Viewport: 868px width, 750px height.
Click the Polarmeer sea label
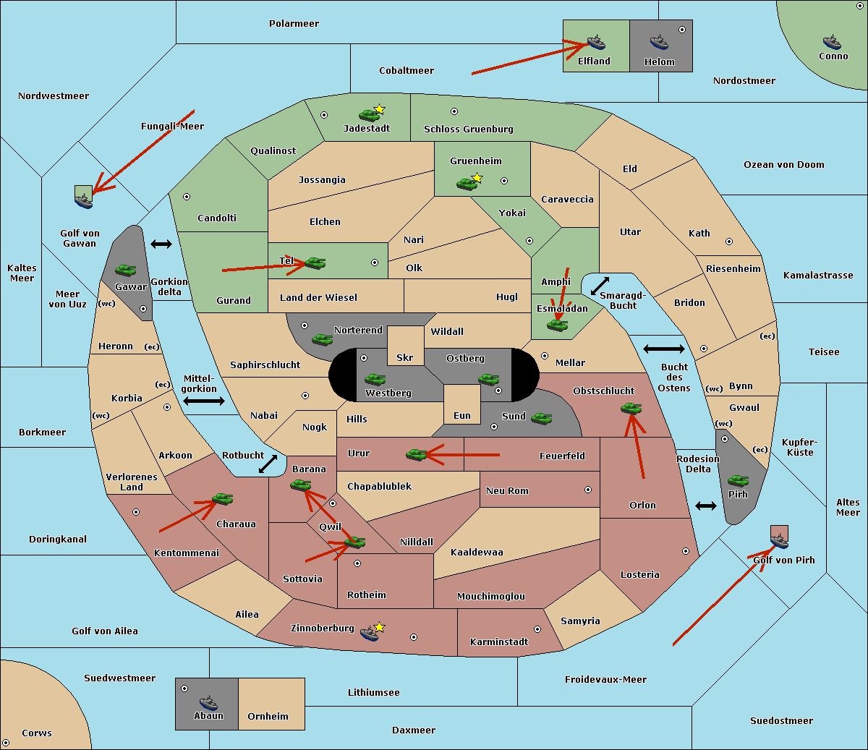[294, 24]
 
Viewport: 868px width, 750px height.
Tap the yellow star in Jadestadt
[380, 109]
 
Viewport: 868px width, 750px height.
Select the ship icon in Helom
[658, 42]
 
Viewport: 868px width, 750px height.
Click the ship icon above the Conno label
[832, 41]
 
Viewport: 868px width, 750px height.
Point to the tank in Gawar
[126, 270]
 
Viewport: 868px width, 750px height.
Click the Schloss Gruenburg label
[468, 129]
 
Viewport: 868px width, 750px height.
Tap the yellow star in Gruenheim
[477, 178]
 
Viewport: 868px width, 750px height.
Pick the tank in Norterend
[322, 339]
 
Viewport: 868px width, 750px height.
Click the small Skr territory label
[405, 358]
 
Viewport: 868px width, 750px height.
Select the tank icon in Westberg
[375, 379]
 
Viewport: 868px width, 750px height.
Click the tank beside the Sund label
[541, 418]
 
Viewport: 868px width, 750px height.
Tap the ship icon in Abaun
[208, 702]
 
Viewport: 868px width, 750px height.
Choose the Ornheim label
[268, 717]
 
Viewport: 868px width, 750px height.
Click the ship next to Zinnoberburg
[369, 634]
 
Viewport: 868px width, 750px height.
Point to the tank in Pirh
[739, 480]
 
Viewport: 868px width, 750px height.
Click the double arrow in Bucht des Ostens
[663, 349]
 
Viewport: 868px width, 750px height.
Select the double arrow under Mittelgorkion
[203, 401]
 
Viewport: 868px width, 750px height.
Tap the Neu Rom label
[507, 491]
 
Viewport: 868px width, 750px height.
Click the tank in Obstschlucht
[631, 409]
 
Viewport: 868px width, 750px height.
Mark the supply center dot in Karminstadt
[537, 629]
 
